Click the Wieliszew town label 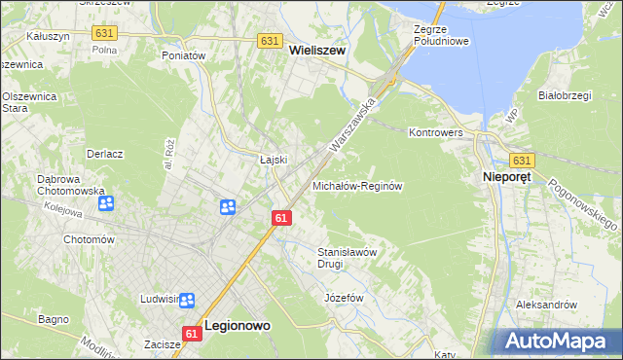coord(317,59)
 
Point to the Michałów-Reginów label coord(357,185)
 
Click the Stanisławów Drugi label coord(348,257)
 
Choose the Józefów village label coord(344,297)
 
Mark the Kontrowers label coord(439,131)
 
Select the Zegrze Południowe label coord(441,35)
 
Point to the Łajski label coord(271,160)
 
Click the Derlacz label coord(103,154)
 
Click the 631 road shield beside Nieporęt coord(522,161)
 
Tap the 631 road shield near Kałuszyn coord(104,32)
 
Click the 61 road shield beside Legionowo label coord(191,333)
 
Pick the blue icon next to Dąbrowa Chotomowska coord(106,203)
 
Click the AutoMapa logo coord(558,341)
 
